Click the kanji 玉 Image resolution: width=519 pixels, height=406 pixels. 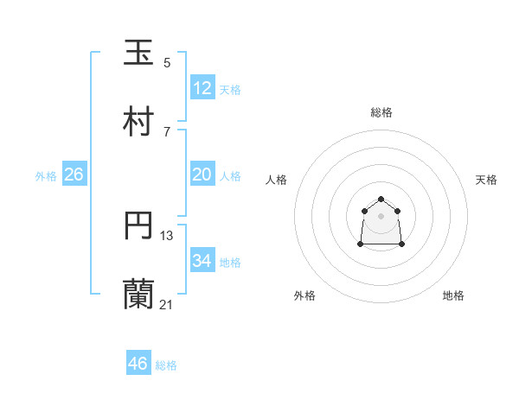point(138,53)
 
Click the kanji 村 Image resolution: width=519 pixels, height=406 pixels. point(138,123)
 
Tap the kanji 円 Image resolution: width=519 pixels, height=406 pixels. point(138,226)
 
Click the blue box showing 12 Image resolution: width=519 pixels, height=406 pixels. point(202,88)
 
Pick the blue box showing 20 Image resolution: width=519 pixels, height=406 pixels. point(202,174)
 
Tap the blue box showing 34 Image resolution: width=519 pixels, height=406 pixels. point(202,261)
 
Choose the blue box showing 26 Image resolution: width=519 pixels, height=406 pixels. point(74,174)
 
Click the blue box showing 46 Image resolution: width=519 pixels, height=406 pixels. point(138,364)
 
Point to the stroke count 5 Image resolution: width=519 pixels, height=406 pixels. point(167,62)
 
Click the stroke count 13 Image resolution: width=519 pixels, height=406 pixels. point(167,235)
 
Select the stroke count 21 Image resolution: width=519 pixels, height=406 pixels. point(167,304)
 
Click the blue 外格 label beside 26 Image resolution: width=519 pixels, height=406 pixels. point(46,176)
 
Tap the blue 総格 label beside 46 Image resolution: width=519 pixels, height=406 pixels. point(166,365)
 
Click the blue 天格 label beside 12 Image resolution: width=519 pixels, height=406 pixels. point(230,90)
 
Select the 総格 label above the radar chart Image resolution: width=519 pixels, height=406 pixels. point(381,112)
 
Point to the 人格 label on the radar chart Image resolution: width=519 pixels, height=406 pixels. point(277,180)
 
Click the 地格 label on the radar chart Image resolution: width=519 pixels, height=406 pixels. point(453,295)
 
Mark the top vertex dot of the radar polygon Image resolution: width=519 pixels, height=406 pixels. point(381,199)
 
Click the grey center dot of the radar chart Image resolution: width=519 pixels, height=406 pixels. point(381,215)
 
